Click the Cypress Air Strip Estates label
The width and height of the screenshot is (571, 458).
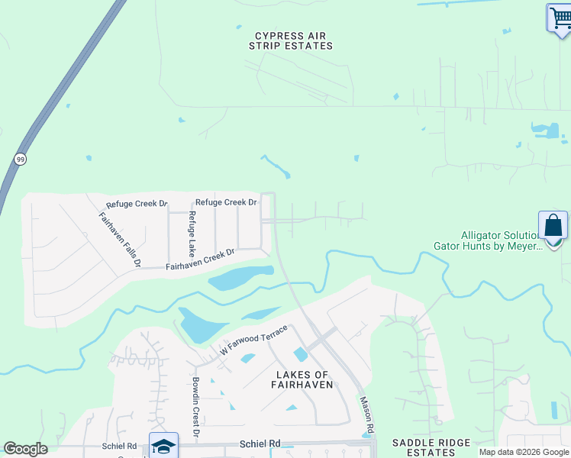[291, 40]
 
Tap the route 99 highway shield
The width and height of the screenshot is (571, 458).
[19, 159]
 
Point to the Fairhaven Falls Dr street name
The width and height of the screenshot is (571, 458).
[121, 239]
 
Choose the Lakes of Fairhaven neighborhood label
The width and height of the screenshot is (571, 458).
[302, 379]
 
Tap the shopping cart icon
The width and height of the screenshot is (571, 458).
[560, 18]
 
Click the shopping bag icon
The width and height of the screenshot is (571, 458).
[553, 226]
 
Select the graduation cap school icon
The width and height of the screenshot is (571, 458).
[163, 446]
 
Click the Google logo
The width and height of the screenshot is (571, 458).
[26, 449]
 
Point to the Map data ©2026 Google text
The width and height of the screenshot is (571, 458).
[523, 452]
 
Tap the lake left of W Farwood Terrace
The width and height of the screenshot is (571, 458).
[196, 326]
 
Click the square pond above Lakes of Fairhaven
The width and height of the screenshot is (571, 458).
[301, 354]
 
